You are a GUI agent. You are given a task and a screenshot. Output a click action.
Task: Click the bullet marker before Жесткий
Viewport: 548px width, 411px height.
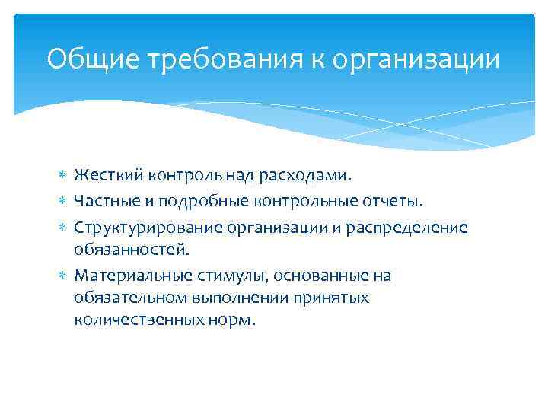tap(63, 177)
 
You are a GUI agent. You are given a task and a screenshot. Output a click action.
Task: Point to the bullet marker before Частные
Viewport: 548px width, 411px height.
tap(63, 201)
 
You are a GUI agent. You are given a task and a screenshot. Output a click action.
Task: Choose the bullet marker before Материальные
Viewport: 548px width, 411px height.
tap(63, 275)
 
